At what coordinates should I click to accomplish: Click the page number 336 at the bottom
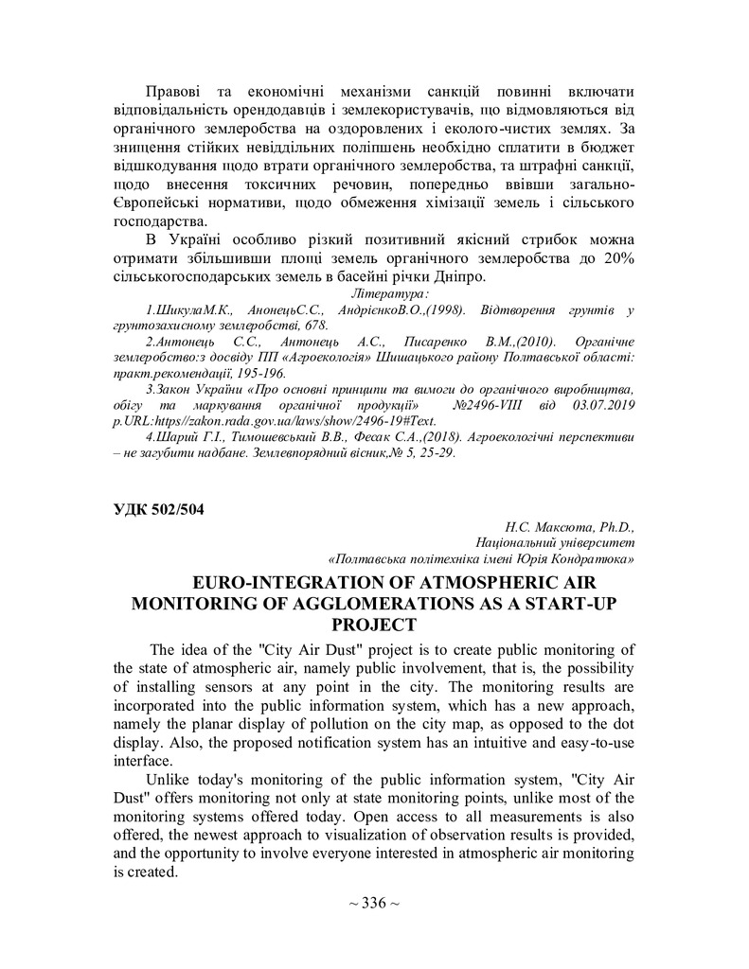pyautogui.click(x=375, y=903)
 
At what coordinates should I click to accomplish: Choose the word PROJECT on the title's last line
pyautogui.click(x=374, y=625)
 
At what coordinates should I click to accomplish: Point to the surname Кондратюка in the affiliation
pyautogui.click(x=593, y=559)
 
